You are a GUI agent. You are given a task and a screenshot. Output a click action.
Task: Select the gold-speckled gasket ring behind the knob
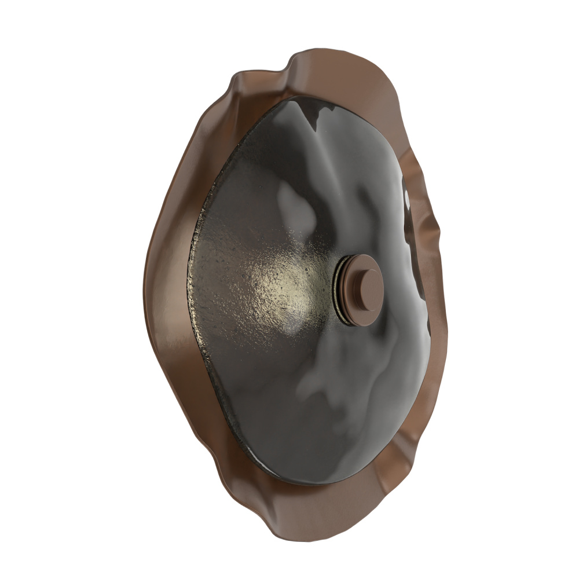pyautogui.click(x=339, y=289)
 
